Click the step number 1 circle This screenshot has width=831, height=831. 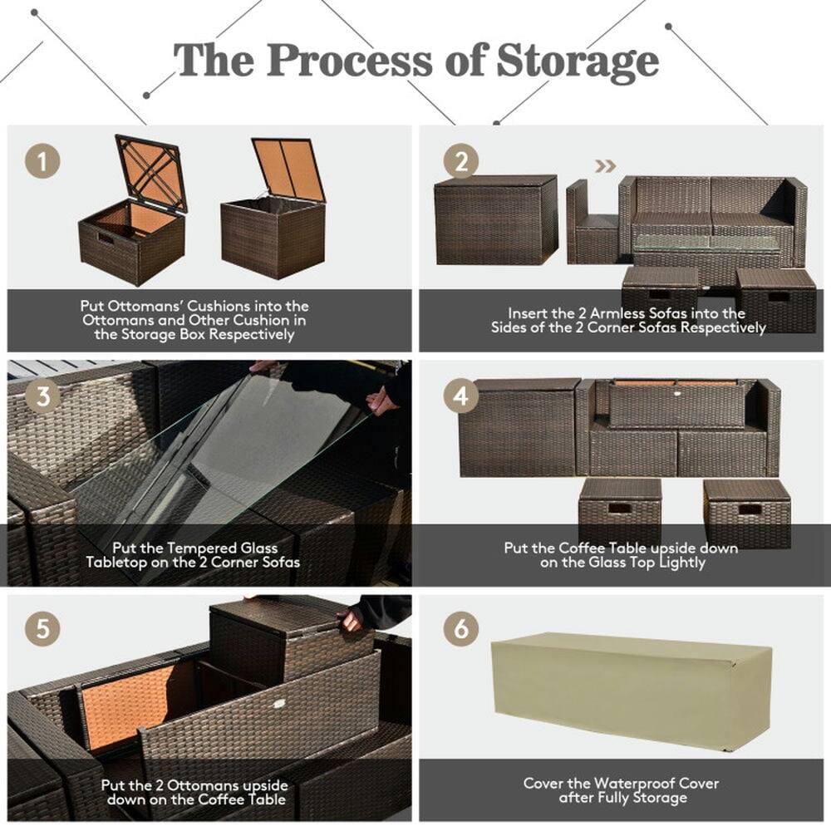(42, 160)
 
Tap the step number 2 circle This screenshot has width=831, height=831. (460, 160)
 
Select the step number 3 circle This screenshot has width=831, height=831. (42, 396)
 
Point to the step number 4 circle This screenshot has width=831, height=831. (460, 396)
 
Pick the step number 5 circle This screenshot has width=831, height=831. (42, 629)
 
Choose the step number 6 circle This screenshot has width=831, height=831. (460, 629)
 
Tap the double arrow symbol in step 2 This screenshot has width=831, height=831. (605, 166)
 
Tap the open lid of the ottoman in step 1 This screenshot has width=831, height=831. (152, 172)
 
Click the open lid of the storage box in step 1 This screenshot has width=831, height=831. (288, 169)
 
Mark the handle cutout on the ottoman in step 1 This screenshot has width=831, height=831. (105, 239)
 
